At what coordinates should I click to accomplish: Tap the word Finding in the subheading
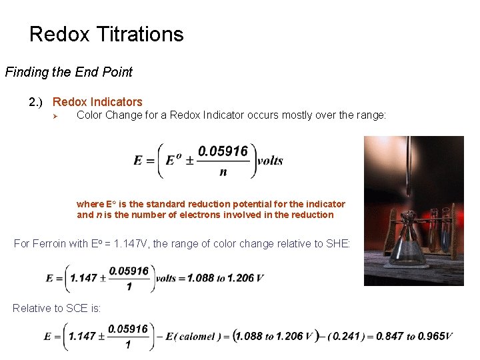(x=26, y=72)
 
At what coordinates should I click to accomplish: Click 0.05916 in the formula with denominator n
(x=223, y=151)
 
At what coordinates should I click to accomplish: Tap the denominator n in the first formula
(x=223, y=172)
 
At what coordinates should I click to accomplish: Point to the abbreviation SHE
(x=337, y=243)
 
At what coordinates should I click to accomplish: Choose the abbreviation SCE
(x=74, y=307)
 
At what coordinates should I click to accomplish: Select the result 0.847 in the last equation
(x=391, y=337)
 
